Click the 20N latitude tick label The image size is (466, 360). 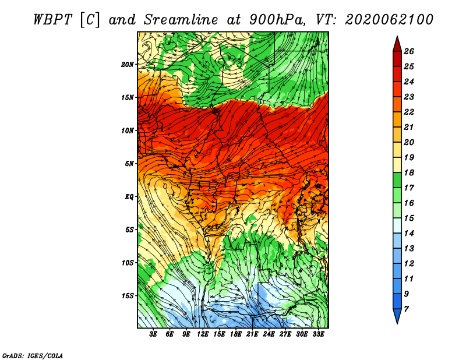coord(127,65)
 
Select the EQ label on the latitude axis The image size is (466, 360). coord(129,197)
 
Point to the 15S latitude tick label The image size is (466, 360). coord(127,296)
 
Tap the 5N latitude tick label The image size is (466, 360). coord(129,164)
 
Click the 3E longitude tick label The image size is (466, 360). coord(153,334)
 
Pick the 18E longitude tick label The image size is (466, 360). coord(236,334)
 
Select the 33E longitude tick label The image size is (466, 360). coord(318,334)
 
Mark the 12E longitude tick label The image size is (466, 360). coord(203,334)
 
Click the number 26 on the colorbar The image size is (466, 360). coord(409,51)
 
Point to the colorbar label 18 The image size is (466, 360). coord(409,172)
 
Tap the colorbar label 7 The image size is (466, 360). coord(407,309)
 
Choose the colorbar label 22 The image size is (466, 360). coord(409,112)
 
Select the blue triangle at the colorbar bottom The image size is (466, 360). coord(397,315)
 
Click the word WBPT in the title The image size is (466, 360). coord(52,20)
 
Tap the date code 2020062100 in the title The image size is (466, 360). coord(389,20)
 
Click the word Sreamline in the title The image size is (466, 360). coord(181,20)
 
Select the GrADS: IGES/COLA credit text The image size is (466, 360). coord(33,355)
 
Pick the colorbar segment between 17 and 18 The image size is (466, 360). coord(397,180)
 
